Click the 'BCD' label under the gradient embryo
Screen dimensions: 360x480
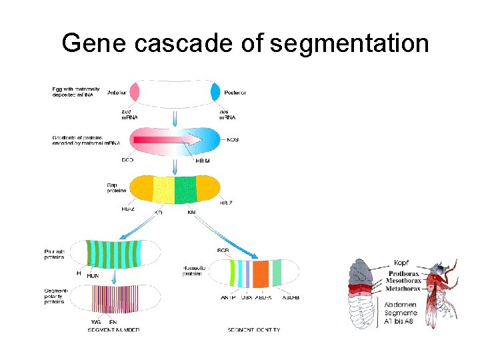[x=127, y=161]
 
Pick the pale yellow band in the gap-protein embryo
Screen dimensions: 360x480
[x=163, y=189]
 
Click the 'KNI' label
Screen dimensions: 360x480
[x=192, y=212]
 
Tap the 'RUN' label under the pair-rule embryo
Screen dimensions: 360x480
[x=93, y=275]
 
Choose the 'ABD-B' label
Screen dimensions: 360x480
[x=289, y=297]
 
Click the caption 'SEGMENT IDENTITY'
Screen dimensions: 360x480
[x=253, y=330]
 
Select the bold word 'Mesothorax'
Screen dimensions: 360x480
[x=407, y=281]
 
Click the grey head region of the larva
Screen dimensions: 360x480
[x=363, y=272]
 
